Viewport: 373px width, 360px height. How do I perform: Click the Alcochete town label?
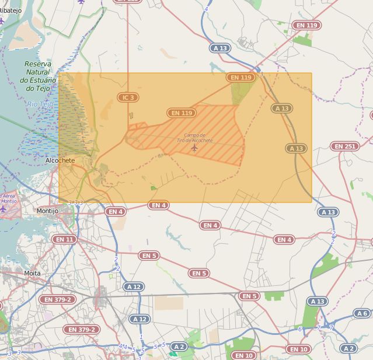[60, 160]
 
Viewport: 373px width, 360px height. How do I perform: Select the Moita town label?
[32, 273]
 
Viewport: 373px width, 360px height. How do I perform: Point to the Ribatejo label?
[11, 10]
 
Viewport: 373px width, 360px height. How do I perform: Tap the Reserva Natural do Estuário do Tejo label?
[38, 76]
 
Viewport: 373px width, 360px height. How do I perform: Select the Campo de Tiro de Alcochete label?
[194, 138]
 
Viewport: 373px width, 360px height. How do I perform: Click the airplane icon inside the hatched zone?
[194, 148]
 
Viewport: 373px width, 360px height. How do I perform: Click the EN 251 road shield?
[344, 146]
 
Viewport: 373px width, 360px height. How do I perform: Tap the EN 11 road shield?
[64, 239]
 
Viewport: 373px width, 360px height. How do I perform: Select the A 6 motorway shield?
[362, 313]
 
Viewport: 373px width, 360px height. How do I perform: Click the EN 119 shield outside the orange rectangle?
[307, 26]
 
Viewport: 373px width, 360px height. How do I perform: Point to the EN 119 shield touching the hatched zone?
[182, 113]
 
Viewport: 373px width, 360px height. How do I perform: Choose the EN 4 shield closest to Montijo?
[115, 212]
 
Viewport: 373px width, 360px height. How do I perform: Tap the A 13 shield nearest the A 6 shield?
[318, 301]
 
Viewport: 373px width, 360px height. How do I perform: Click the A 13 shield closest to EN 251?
[297, 148]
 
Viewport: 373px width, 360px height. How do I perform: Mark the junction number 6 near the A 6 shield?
[300, 329]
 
